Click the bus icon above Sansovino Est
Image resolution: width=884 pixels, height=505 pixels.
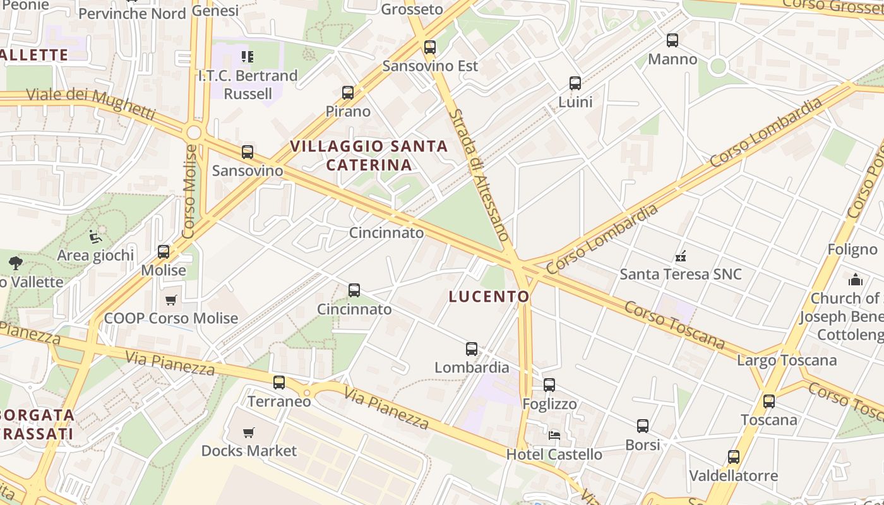click(x=430, y=47)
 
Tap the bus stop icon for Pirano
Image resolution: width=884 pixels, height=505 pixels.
click(x=348, y=93)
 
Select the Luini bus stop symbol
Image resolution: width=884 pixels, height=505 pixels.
click(x=575, y=83)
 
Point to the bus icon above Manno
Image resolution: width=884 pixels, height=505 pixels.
click(x=672, y=40)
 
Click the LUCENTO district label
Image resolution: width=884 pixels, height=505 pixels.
click(x=489, y=296)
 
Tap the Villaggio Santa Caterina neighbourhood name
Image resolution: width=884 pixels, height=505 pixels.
click(x=369, y=155)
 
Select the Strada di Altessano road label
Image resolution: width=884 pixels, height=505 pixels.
click(x=479, y=174)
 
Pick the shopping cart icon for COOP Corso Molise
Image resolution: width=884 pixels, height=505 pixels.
click(x=170, y=300)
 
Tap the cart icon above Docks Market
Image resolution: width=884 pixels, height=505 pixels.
click(x=249, y=432)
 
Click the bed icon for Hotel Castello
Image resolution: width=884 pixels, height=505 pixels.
click(x=554, y=436)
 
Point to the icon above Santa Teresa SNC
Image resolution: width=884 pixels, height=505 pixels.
click(x=681, y=256)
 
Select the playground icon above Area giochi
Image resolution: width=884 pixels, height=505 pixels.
click(x=95, y=237)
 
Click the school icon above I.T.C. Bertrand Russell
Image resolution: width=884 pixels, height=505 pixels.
click(x=247, y=57)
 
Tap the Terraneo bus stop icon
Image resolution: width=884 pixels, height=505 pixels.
click(x=279, y=383)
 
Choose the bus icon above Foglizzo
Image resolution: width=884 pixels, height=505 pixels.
click(x=549, y=385)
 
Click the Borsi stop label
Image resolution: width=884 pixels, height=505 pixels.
click(x=642, y=444)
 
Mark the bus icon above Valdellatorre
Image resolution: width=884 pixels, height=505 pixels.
click(x=733, y=457)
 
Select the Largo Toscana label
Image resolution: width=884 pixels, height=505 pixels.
click(x=787, y=360)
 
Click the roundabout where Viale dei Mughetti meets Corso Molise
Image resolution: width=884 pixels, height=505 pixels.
click(x=194, y=133)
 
